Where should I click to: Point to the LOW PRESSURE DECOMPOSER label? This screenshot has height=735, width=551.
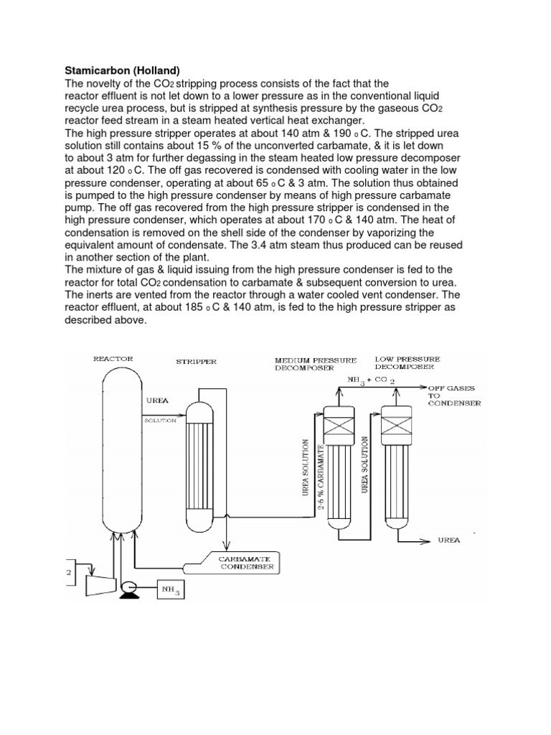(407, 363)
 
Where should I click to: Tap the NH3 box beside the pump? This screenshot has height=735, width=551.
(169, 590)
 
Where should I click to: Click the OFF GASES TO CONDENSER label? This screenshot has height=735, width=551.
(454, 395)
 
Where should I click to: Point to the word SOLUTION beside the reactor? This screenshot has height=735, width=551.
(160, 421)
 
